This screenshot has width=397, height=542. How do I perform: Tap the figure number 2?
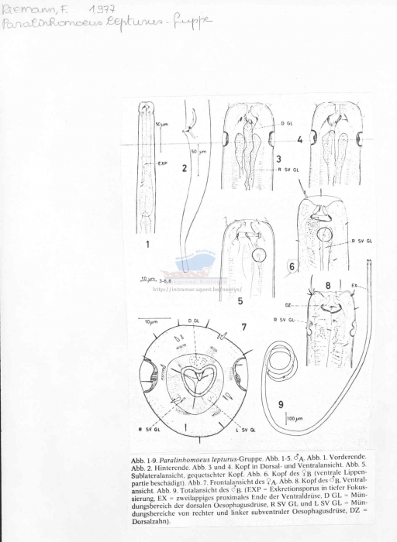pos(185,166)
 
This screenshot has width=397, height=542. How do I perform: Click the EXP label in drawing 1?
pos(163,163)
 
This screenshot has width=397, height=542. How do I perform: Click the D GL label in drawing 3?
pos(287,124)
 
